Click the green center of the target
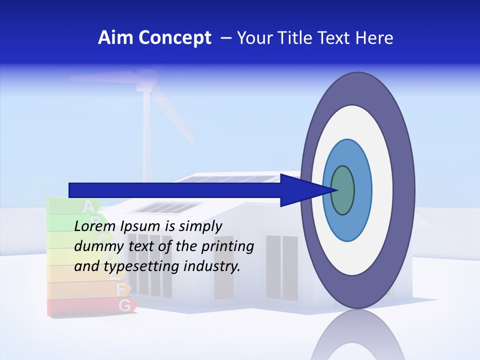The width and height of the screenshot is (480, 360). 342,190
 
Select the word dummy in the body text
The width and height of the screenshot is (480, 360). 95,246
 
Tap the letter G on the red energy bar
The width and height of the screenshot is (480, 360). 123,304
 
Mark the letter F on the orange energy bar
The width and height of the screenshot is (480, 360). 120,288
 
